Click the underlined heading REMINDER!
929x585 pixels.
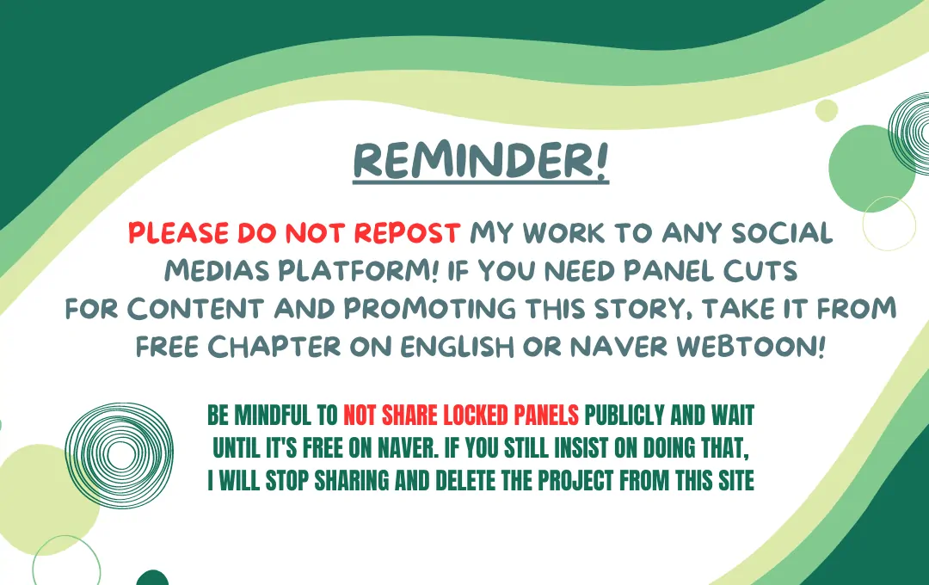[x=481, y=161]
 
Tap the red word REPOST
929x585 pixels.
[x=407, y=233]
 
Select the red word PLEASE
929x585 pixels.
[x=179, y=233]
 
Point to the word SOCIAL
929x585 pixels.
[x=782, y=233]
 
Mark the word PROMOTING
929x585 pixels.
[x=429, y=309]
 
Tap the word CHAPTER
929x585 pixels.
[x=274, y=347]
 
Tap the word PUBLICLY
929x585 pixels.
[x=624, y=416]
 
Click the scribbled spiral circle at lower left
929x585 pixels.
[x=119, y=454]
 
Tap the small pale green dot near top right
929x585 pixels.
[x=827, y=111]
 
